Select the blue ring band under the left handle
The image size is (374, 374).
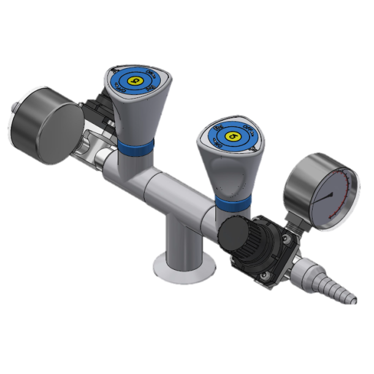click(x=136, y=147)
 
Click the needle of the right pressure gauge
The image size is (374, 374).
click(x=324, y=197)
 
